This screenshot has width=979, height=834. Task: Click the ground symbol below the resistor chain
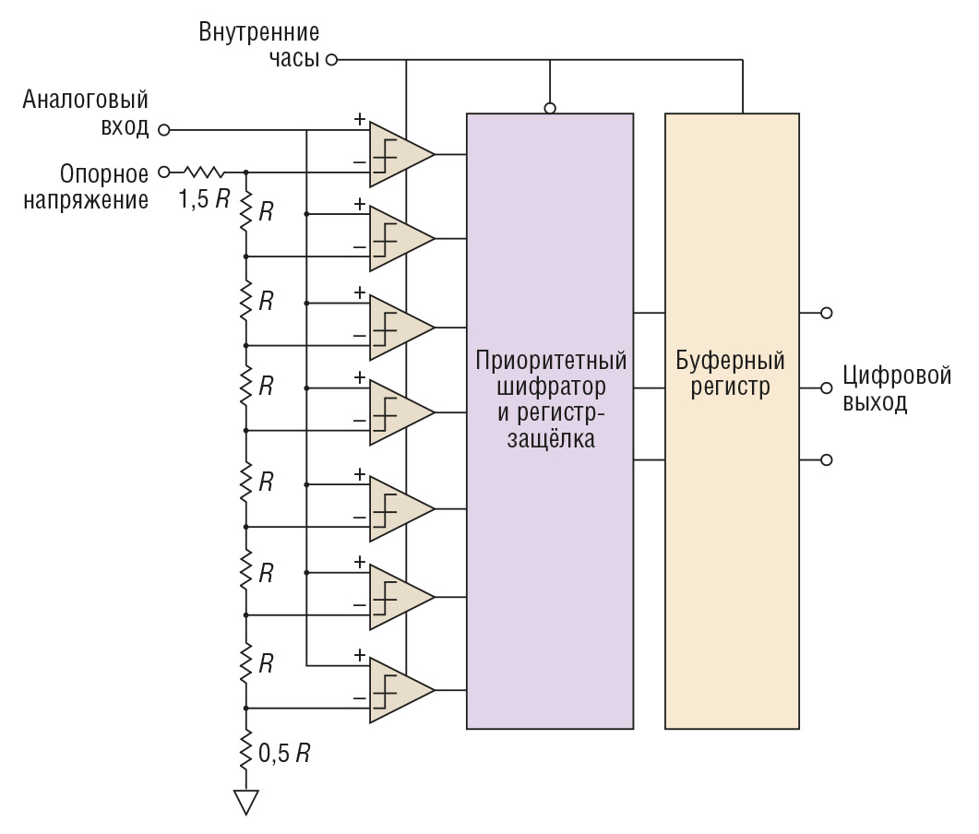[245, 801]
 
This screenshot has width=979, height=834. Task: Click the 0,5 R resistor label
[285, 753]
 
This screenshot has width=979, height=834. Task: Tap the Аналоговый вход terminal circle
[164, 130]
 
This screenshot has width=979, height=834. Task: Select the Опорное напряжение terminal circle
[164, 171]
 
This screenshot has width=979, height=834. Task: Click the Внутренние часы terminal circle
[332, 61]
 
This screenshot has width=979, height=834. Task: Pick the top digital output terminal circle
[827, 314]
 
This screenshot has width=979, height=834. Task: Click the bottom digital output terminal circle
[827, 459]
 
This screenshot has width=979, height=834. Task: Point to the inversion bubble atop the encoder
[550, 108]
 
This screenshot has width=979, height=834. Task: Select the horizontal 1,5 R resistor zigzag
[203, 171]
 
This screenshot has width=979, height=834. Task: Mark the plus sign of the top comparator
[358, 119]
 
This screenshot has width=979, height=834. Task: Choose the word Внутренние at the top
[259, 34]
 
